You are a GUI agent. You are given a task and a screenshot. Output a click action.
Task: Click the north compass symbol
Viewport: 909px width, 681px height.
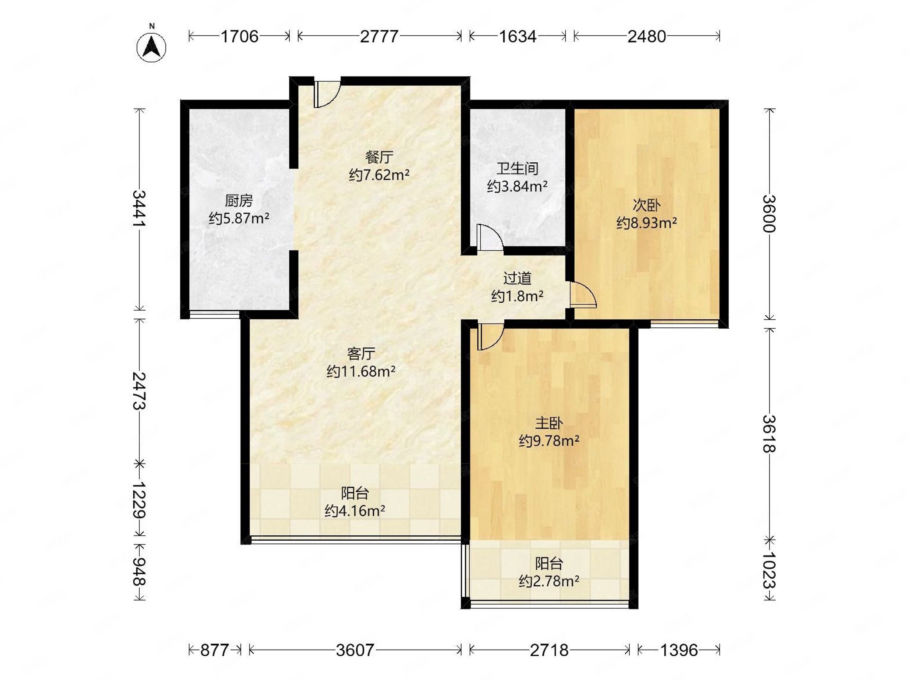pyautogui.click(x=151, y=47)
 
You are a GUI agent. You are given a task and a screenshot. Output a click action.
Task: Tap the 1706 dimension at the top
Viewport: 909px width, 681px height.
pyautogui.click(x=240, y=37)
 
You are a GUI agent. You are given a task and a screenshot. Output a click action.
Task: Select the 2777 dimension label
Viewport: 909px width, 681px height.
pyautogui.click(x=379, y=37)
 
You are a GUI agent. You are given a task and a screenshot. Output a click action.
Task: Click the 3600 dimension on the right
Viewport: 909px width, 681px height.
pyautogui.click(x=769, y=213)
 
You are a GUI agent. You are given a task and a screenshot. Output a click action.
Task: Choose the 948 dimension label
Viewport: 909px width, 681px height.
pyautogui.click(x=140, y=571)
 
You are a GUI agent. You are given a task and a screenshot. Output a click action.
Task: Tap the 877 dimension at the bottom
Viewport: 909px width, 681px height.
pyautogui.click(x=214, y=650)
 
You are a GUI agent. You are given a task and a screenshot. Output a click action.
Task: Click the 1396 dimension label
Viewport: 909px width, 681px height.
pyautogui.click(x=679, y=650)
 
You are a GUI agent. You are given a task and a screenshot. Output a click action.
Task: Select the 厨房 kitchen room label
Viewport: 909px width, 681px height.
pyautogui.click(x=239, y=201)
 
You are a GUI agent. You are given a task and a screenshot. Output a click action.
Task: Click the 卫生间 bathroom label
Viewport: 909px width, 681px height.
pyautogui.click(x=517, y=168)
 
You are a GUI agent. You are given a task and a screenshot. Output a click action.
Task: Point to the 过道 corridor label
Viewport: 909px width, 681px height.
pyautogui.click(x=517, y=278)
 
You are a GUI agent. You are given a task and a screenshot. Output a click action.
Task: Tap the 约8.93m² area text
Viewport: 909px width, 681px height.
pyautogui.click(x=647, y=223)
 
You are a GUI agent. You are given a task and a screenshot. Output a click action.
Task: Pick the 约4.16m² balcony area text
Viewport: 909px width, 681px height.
pyautogui.click(x=355, y=511)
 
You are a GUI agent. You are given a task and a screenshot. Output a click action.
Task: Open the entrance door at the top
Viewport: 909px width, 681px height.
pyautogui.click(x=327, y=93)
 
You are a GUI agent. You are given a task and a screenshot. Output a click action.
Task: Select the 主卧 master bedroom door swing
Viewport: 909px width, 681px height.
pyautogui.click(x=490, y=336)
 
